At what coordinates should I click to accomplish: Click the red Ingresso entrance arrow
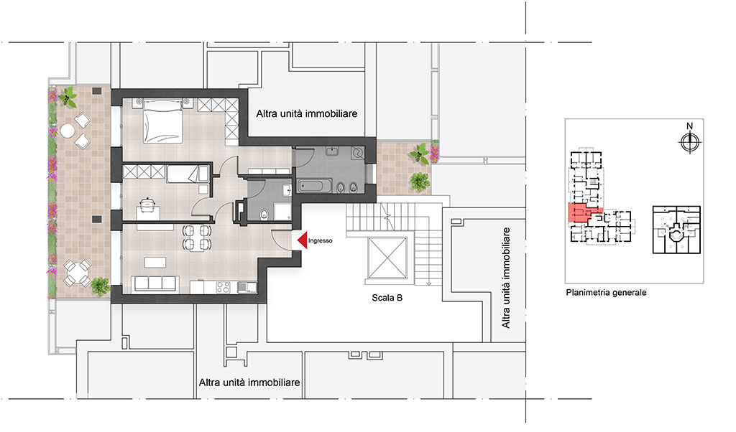point(303,240)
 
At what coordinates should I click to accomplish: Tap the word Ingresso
point(320,240)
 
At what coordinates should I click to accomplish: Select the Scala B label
point(387,298)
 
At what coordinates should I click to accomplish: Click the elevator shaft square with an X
point(387,258)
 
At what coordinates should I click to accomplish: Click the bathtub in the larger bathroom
point(315,186)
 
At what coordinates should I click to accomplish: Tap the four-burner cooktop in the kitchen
point(223,287)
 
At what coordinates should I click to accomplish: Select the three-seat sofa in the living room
point(155,283)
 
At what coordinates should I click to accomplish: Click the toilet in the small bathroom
point(264,215)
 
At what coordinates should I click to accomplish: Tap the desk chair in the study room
point(147,205)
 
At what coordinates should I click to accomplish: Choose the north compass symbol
point(689,142)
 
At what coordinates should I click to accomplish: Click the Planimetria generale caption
point(606,292)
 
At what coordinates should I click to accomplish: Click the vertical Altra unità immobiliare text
point(505,278)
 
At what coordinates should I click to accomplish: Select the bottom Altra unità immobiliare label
point(249,382)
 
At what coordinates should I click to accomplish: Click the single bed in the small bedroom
point(188,174)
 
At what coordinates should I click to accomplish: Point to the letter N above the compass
point(689,126)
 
